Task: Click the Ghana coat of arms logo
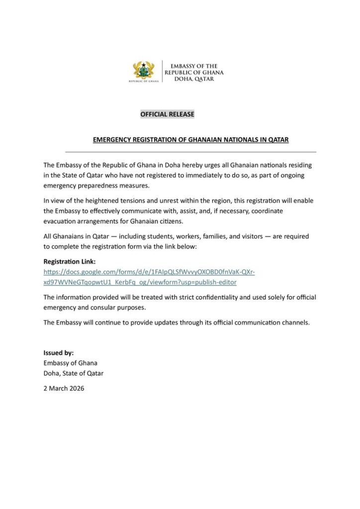coord(144,71)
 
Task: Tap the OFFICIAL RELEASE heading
coord(167,114)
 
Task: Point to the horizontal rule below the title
coord(190,152)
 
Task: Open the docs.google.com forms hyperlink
coord(149,272)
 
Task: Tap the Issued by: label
coord(59,352)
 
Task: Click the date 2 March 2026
coord(64,388)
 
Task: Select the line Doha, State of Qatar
coord(74,373)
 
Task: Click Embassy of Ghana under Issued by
coord(70,363)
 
